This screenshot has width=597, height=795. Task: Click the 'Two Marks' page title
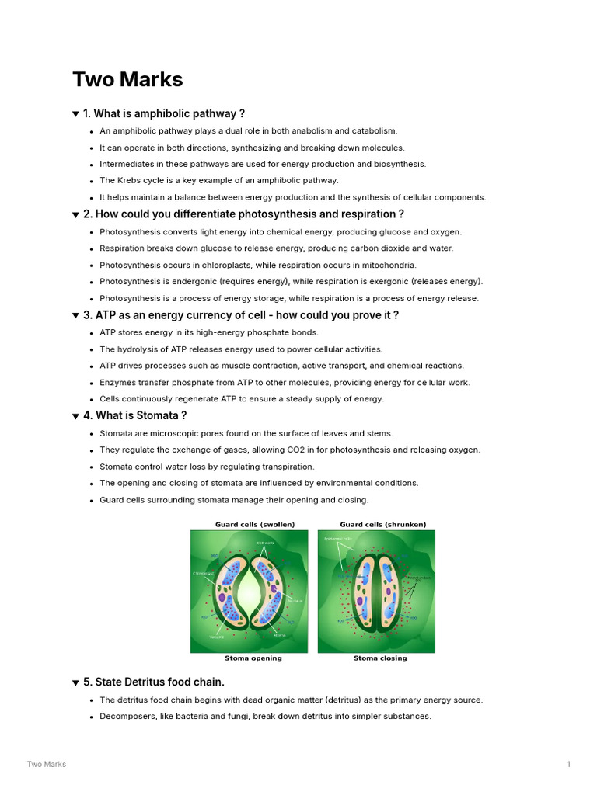click(x=127, y=79)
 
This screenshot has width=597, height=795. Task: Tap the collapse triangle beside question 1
click(x=75, y=114)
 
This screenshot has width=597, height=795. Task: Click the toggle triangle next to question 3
click(x=75, y=316)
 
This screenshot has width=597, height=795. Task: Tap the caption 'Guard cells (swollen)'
click(x=255, y=524)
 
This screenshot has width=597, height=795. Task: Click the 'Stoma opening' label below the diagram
click(x=253, y=658)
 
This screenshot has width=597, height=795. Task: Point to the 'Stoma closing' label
click(x=380, y=658)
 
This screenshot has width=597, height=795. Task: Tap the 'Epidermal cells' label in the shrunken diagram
click(x=337, y=538)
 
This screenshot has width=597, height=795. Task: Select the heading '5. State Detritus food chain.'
click(x=153, y=682)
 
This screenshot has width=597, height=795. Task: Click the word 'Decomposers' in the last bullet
click(x=127, y=716)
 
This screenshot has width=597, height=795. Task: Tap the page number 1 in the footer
click(x=568, y=764)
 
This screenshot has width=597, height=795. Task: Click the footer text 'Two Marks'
click(x=47, y=764)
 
